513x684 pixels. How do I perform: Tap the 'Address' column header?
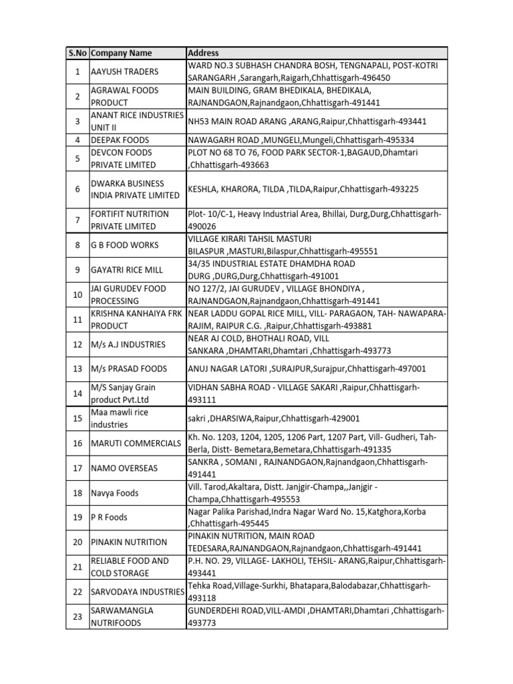pos(203,53)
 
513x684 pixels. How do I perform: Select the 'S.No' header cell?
pos(77,53)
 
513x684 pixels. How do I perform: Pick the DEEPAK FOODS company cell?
pos(120,140)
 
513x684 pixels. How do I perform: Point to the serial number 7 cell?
pos(77,220)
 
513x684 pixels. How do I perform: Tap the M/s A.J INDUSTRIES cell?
pos(128,344)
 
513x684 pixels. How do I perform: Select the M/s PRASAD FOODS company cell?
pos(129,369)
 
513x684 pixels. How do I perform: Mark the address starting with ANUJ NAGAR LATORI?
pos(307,369)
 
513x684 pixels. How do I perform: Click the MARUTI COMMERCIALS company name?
pos(136,443)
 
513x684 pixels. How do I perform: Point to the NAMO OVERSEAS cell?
pos(124,468)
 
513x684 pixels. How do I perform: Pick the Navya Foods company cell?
pos(115,493)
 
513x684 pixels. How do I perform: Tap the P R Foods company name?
pos(110,517)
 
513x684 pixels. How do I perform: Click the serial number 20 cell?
pos(77,542)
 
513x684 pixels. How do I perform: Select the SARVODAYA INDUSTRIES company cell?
pos(138,592)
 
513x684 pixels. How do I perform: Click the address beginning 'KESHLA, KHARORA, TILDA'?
pos(303,189)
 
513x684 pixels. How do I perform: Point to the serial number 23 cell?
pos(77,617)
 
